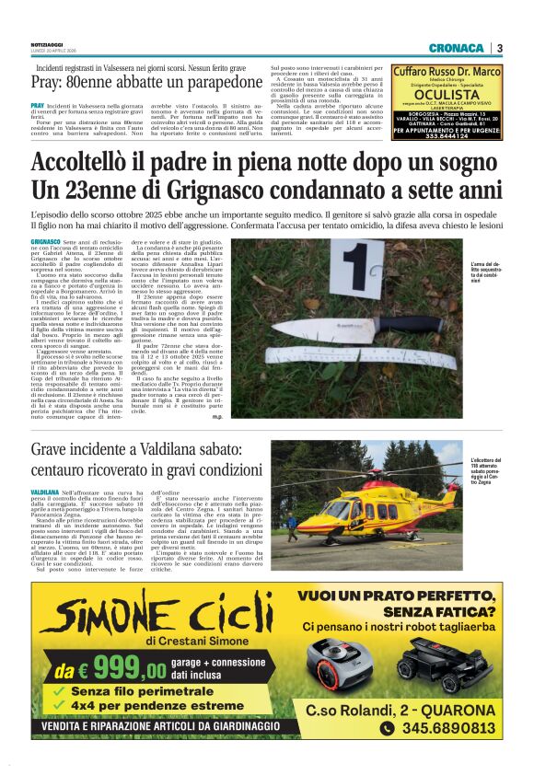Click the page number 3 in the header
498,48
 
